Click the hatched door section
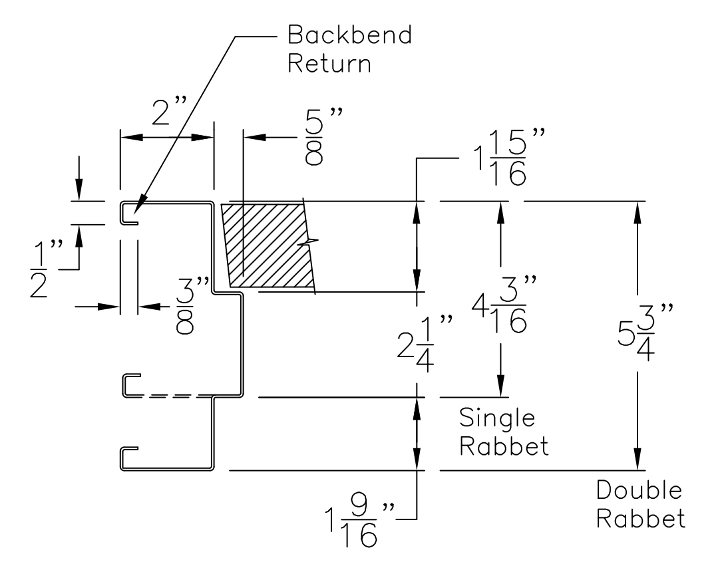266,243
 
